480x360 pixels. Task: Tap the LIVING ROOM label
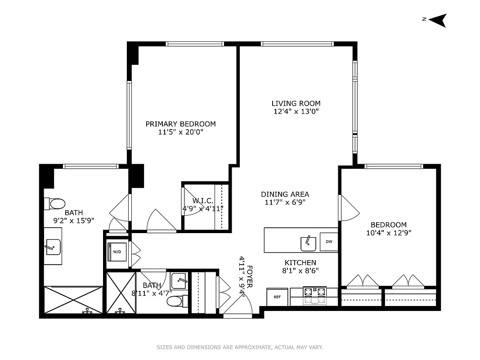point(296,103)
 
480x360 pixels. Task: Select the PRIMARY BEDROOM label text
point(180,124)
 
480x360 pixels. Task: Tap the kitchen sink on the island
point(309,243)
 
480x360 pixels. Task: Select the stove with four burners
point(315,295)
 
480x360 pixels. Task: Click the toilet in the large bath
point(56,204)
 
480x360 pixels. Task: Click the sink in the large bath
point(53,247)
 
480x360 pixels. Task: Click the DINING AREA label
point(285,194)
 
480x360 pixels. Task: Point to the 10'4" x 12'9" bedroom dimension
point(388,233)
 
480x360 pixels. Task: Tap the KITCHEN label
point(300,263)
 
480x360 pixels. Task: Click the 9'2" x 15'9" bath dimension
point(73,220)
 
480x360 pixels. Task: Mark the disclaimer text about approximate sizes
point(240,347)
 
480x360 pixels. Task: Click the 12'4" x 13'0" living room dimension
point(296,112)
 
